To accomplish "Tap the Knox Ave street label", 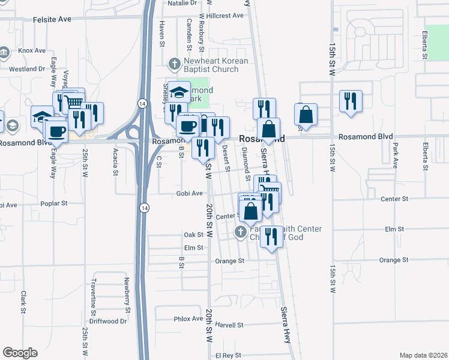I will (x=31, y=50).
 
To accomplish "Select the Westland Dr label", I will (x=28, y=68).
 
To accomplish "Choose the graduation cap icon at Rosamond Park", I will (x=179, y=92).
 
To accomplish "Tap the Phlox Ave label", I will (x=188, y=319).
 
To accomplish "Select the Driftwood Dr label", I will (x=110, y=321).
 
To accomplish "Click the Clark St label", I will (x=23, y=302).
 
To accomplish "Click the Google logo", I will (x=20, y=353).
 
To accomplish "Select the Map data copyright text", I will (x=423, y=355).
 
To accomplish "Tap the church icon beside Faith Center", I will (x=241, y=232).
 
